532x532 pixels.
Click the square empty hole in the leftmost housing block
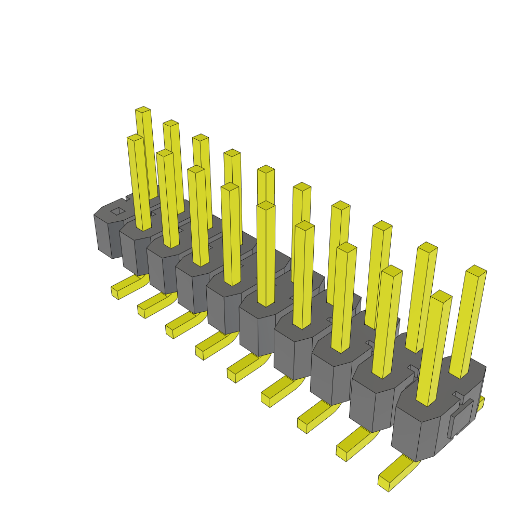pyautogui.click(x=118, y=211)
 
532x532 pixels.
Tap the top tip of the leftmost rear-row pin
pyautogui.click(x=143, y=110)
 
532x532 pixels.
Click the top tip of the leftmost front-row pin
pyautogui.click(x=135, y=137)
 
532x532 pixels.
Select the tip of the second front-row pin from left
pyautogui.click(x=164, y=152)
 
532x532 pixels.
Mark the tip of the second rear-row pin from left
pyautogui.click(x=171, y=123)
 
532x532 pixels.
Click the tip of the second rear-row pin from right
pyautogui.click(x=428, y=247)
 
